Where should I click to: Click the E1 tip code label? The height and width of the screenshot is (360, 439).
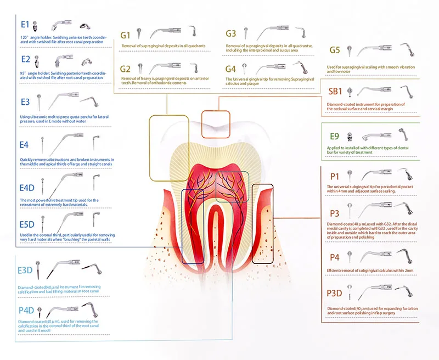(x=25, y=25)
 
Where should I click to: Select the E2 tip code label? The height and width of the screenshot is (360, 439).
(x=25, y=58)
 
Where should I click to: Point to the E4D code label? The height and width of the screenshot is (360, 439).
(x=27, y=188)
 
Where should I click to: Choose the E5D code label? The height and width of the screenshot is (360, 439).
(x=27, y=224)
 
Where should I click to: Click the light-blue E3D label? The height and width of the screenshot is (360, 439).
(x=25, y=270)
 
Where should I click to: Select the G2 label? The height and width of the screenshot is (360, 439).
(x=126, y=69)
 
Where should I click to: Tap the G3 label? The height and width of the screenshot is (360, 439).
(x=230, y=34)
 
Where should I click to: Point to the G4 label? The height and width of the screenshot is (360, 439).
(x=230, y=69)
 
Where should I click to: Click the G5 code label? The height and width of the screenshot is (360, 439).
(x=335, y=50)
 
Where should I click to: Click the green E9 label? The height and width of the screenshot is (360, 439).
(x=334, y=134)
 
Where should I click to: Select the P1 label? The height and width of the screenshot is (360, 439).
(x=333, y=176)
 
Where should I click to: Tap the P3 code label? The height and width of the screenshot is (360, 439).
(x=333, y=213)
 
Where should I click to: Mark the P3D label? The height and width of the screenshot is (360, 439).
(x=335, y=293)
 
